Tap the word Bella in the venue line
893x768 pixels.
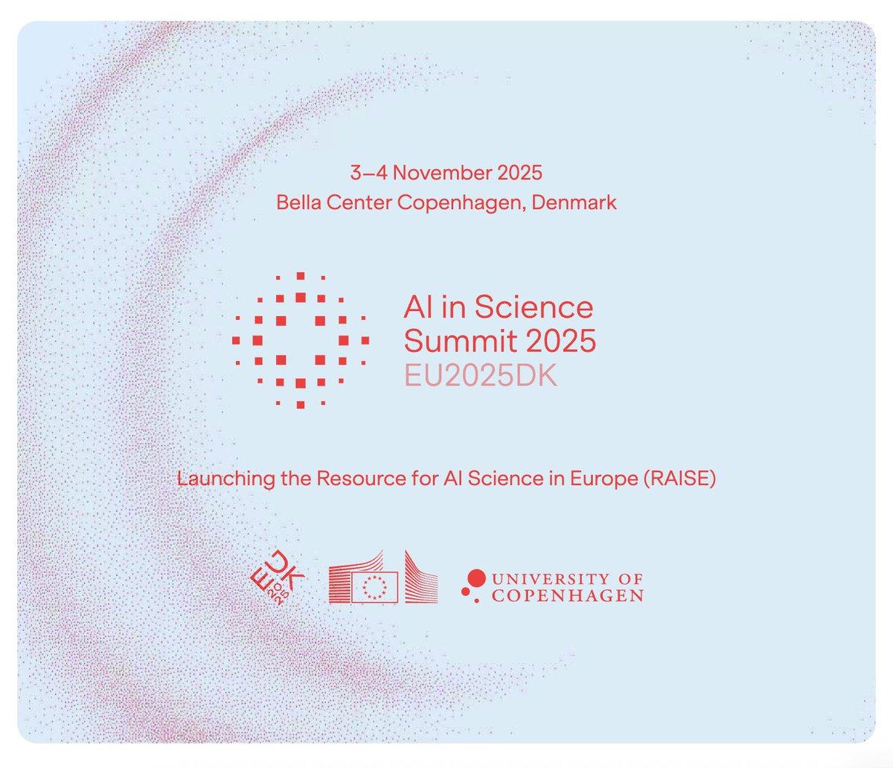click(x=295, y=202)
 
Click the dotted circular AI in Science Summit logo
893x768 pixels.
click(x=300, y=340)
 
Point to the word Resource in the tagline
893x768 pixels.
click(x=352, y=478)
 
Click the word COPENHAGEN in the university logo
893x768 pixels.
click(x=567, y=595)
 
